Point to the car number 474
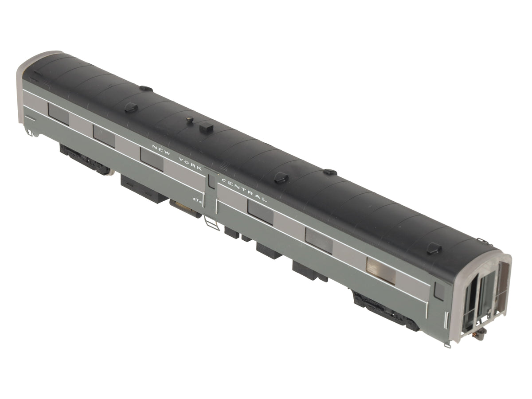[x=197, y=200]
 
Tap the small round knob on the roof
[x=190, y=119]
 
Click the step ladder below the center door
[x=211, y=223]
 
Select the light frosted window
[x=381, y=270]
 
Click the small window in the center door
[x=212, y=182]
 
